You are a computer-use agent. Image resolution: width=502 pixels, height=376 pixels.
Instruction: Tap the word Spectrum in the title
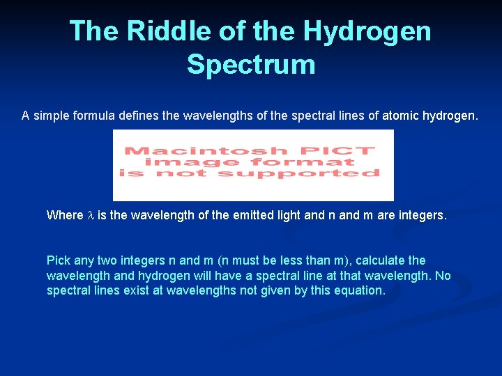(x=251, y=64)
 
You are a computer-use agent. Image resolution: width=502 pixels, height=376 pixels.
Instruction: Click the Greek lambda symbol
(x=89, y=215)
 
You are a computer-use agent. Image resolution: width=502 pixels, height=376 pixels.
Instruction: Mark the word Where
(x=64, y=215)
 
